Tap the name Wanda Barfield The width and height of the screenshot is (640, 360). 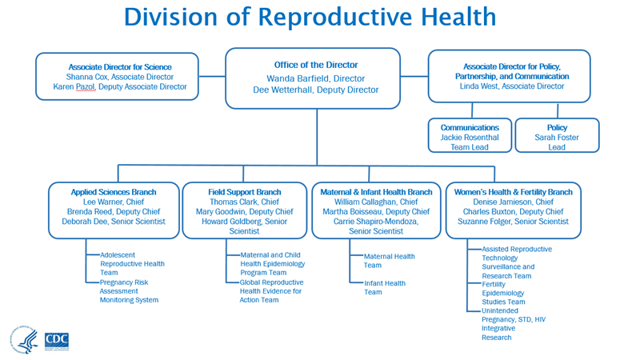click(x=295, y=78)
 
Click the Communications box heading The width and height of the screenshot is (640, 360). click(x=470, y=127)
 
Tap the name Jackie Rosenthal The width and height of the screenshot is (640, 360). click(x=470, y=138)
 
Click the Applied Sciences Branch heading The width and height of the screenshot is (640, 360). click(x=114, y=192)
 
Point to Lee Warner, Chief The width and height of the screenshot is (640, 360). click(x=113, y=202)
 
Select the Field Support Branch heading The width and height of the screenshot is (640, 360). click(x=245, y=192)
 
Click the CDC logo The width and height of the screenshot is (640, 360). click(x=57, y=340)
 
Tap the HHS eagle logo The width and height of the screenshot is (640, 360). click(x=24, y=340)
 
